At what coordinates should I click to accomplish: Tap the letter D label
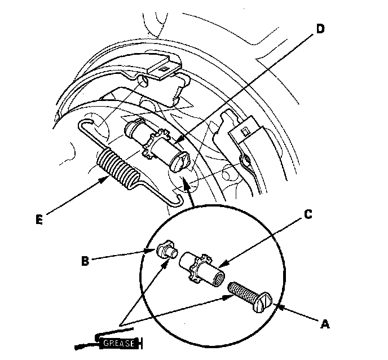(320, 30)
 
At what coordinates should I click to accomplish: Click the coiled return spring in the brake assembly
(119, 167)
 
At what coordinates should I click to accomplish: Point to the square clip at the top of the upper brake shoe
(164, 69)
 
